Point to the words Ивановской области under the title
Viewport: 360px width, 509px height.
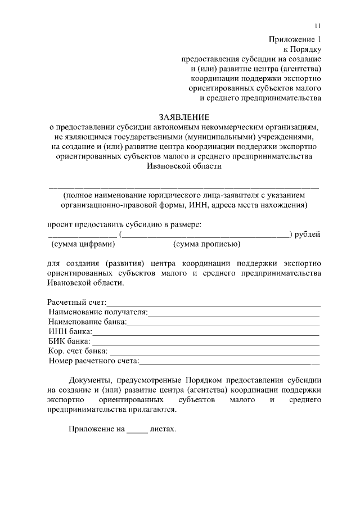pos(184,166)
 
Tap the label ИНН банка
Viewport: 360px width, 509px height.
pos(70,331)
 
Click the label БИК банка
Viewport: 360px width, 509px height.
pos(69,341)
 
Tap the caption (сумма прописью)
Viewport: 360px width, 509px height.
pos(207,244)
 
